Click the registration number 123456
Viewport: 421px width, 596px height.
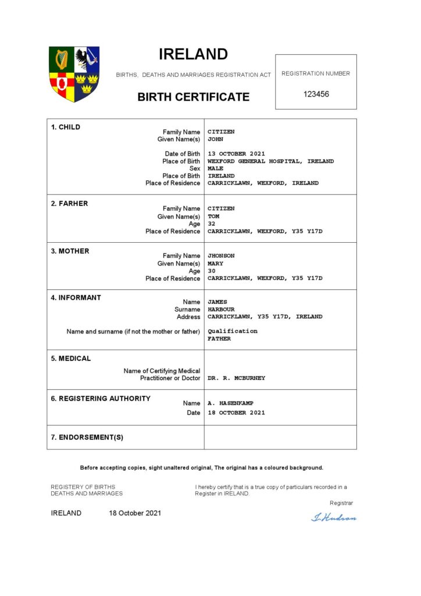pyautogui.click(x=316, y=94)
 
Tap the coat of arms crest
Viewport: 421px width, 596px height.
pyautogui.click(x=74, y=74)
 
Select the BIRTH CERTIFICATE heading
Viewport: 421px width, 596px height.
pyautogui.click(x=194, y=97)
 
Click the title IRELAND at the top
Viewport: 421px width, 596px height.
pyautogui.click(x=193, y=54)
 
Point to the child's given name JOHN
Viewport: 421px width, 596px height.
pyautogui.click(x=215, y=140)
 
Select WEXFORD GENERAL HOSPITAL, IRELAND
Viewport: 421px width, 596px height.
pyautogui.click(x=270, y=161)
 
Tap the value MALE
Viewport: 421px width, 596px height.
pyautogui.click(x=215, y=168)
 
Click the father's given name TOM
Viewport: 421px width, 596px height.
pyautogui.click(x=213, y=216)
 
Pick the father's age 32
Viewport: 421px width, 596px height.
pyautogui.click(x=212, y=223)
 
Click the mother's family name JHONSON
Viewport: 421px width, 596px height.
pyautogui.click(x=221, y=256)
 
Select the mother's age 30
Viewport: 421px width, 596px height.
pyautogui.click(x=212, y=271)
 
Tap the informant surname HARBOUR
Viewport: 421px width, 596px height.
pyautogui.click(x=221, y=309)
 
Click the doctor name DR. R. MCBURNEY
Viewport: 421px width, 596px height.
pyautogui.click(x=236, y=378)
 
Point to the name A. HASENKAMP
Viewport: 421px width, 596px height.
pyautogui.click(x=230, y=403)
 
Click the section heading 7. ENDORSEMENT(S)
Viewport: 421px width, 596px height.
pyautogui.click(x=87, y=437)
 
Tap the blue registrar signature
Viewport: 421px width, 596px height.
pyautogui.click(x=334, y=517)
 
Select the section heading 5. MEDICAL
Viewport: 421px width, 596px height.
pyautogui.click(x=71, y=359)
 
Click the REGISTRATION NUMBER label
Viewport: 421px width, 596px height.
pyautogui.click(x=316, y=73)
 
